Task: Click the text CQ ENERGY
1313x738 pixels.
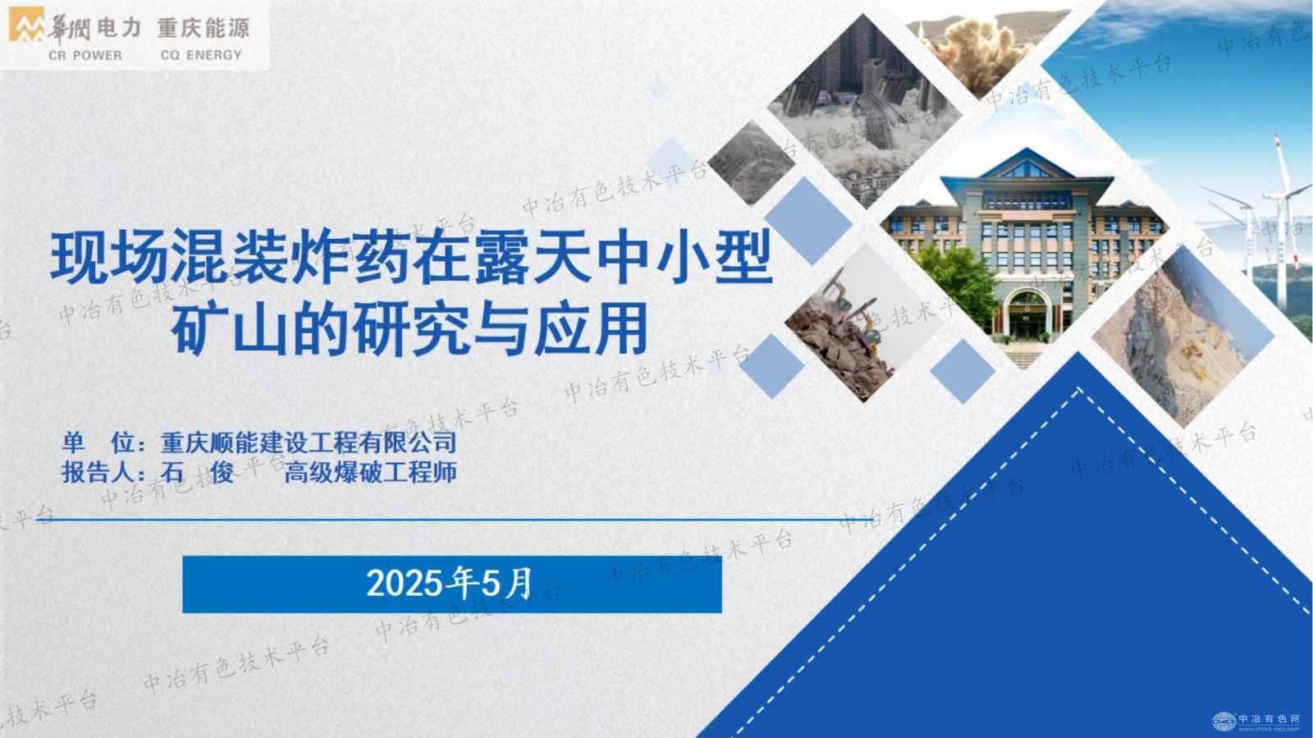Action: pos(201,55)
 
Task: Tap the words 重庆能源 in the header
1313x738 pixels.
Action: pos(203,28)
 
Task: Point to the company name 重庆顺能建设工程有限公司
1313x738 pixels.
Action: pos(309,443)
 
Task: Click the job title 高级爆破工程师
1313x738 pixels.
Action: pos(370,473)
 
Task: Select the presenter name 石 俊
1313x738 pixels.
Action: pos(196,473)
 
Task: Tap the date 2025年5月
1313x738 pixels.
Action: pos(450,584)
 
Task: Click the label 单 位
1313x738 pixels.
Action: pos(98,443)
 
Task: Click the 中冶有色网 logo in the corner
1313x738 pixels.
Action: pos(1256,721)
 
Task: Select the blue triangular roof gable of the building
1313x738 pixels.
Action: pos(1026,168)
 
